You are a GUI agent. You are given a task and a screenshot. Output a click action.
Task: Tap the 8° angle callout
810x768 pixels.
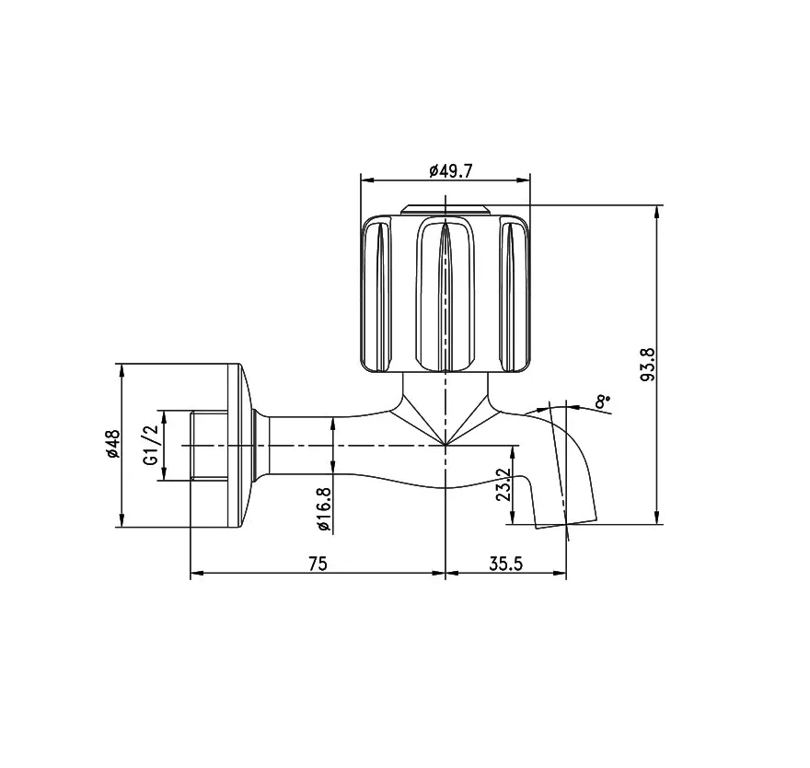(x=601, y=401)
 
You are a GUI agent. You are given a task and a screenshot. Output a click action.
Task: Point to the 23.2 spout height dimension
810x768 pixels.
(x=503, y=485)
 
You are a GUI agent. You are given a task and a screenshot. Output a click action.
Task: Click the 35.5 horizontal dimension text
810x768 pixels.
(x=505, y=564)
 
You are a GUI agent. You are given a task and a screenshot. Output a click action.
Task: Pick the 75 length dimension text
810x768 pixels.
(x=317, y=564)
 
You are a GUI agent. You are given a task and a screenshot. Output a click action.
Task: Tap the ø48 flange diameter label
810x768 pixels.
(x=112, y=444)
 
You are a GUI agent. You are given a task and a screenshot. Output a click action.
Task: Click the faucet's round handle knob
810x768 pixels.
(x=445, y=293)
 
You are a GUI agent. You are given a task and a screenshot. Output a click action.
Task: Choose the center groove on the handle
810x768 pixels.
(x=445, y=295)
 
